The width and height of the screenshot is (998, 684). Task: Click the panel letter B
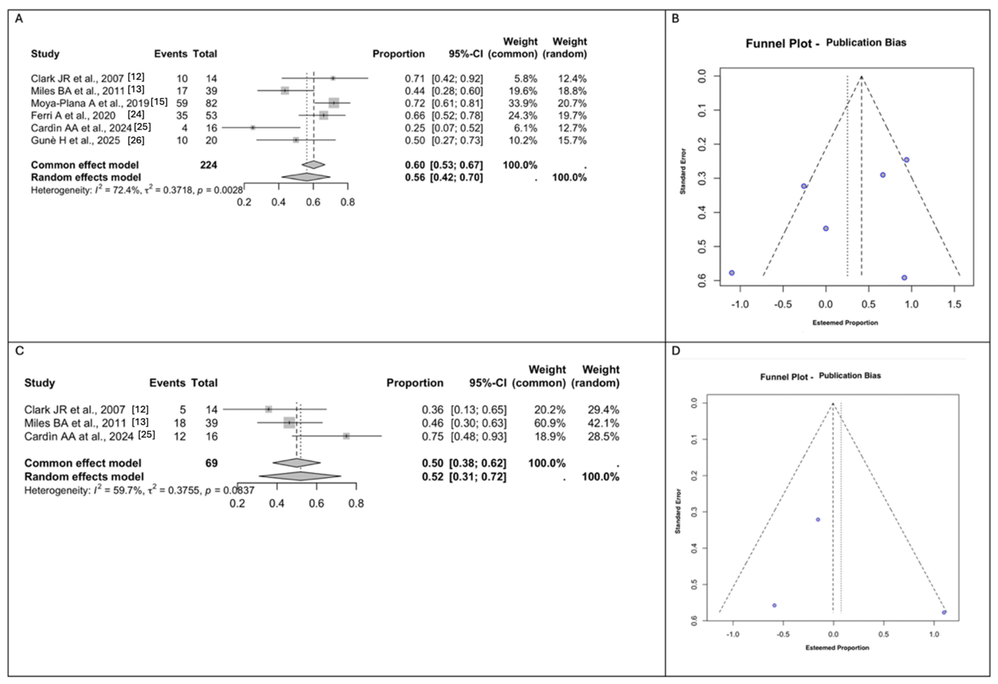[675, 19]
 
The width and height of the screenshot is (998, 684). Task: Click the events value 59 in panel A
[182, 103]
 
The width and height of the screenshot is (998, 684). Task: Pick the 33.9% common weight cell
[523, 103]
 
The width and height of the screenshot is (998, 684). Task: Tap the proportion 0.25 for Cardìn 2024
[414, 128]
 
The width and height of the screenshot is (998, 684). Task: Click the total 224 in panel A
[208, 165]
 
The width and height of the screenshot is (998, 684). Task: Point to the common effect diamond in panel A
[313, 165]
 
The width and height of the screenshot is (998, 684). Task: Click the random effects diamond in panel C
[300, 476]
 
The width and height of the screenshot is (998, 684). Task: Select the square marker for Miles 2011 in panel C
[289, 423]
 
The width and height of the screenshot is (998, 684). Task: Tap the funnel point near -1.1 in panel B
[732, 273]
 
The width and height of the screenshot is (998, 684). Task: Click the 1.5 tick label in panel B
[954, 304]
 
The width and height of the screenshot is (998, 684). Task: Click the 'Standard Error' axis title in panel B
[682, 171]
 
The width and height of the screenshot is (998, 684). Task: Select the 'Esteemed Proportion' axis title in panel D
[837, 647]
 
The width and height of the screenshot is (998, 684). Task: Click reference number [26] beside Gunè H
[136, 140]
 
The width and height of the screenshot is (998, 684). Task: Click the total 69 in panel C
[211, 463]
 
